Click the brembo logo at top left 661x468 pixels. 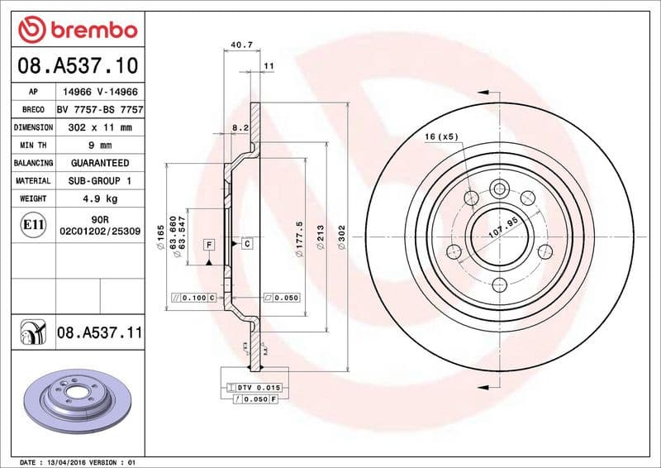click(x=77, y=31)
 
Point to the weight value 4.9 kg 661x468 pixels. click(x=100, y=198)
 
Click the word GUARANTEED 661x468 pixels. click(x=100, y=163)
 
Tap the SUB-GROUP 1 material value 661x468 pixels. click(x=100, y=180)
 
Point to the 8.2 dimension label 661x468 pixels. click(x=240, y=128)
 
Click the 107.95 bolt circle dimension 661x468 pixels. click(x=502, y=228)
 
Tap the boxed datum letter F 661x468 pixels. click(x=209, y=245)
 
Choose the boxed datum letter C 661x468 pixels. click(x=246, y=245)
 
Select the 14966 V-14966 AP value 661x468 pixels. click(x=100, y=93)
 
